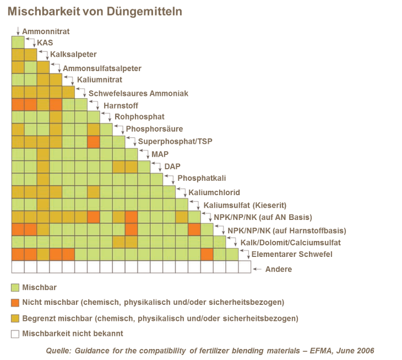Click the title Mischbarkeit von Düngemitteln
pos(95,11)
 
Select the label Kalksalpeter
pos(74,55)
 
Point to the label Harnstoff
pos(121,105)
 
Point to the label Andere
pos(278,270)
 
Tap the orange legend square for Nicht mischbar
pos(16,302)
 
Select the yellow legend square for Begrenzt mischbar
pos(16,318)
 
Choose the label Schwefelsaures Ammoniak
pos(138,94)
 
